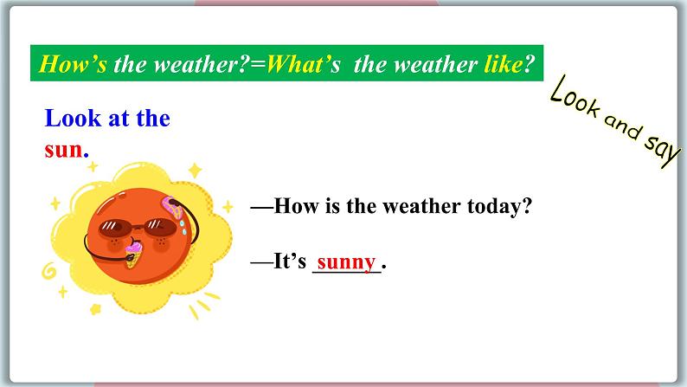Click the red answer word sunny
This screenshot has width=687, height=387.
(346, 261)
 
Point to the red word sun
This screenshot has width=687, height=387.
(63, 148)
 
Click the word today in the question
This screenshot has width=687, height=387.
(497, 208)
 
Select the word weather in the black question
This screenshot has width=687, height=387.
(381, 208)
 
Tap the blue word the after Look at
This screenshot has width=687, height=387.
(152, 119)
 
